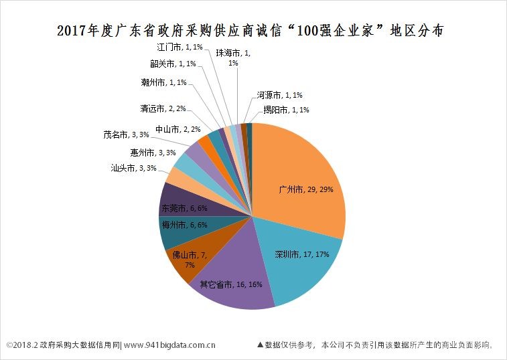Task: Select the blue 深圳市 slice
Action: click(x=301, y=268)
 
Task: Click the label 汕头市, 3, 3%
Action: click(x=133, y=168)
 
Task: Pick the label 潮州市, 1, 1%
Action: click(x=164, y=82)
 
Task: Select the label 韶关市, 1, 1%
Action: click(x=173, y=64)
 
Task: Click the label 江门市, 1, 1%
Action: click(x=179, y=48)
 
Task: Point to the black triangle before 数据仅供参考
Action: click(x=260, y=345)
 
